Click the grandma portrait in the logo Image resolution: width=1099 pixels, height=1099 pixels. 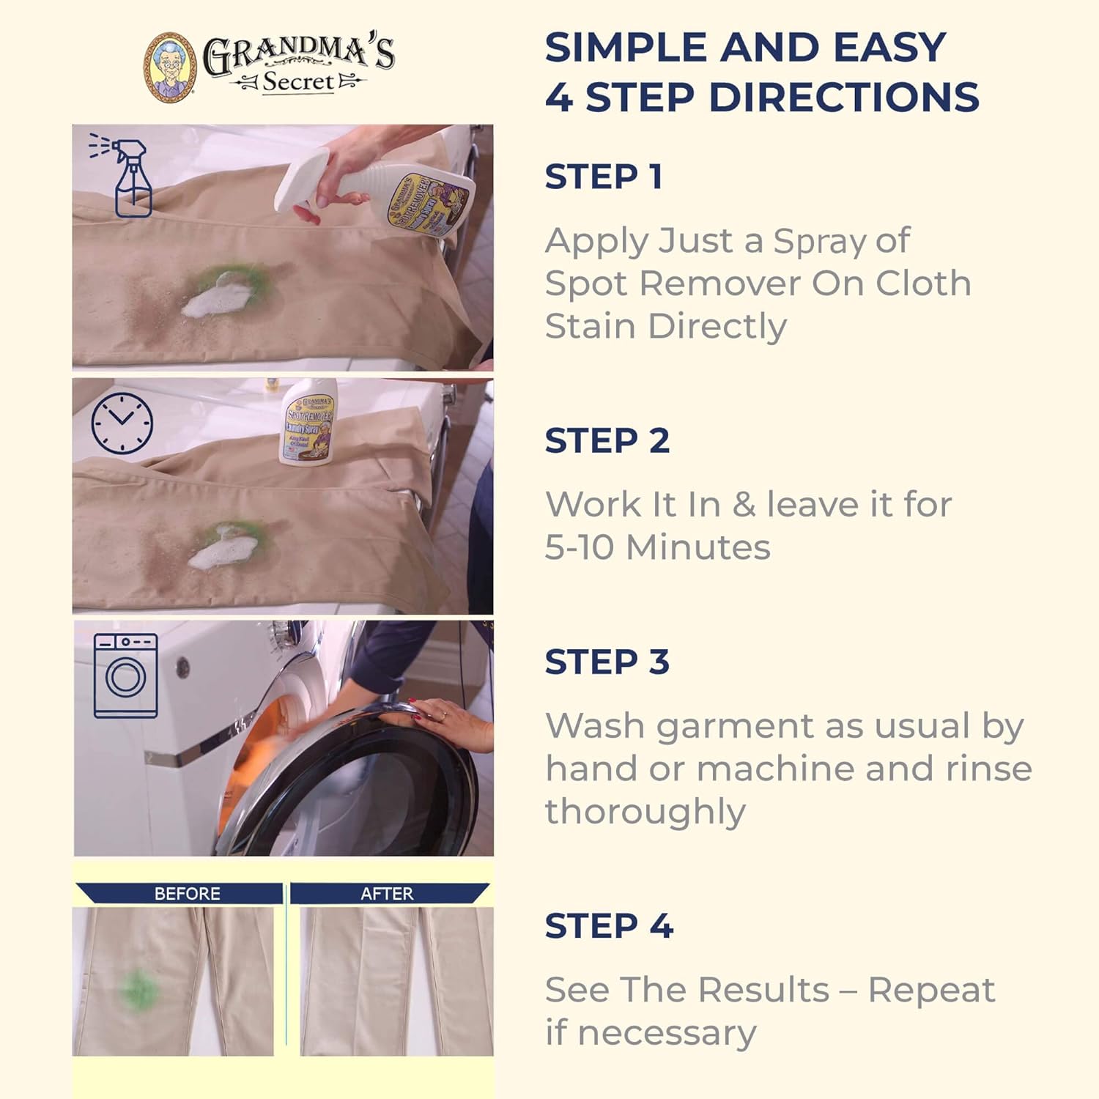point(170,67)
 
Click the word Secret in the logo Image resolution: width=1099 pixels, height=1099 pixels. point(297,82)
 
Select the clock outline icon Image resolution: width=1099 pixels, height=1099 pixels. point(122,423)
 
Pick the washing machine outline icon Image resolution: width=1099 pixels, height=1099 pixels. point(125,676)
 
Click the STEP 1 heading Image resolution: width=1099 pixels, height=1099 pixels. point(604,177)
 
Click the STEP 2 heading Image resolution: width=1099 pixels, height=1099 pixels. point(607,441)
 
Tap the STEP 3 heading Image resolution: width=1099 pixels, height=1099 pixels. point(607,662)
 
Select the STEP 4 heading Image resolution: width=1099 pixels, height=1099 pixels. point(608,926)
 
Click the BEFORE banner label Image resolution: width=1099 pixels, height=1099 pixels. point(187,893)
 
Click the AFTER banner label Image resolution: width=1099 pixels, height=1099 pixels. point(387,893)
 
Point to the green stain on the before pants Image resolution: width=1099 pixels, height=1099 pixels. point(138,989)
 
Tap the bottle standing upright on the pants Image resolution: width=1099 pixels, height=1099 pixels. point(309,423)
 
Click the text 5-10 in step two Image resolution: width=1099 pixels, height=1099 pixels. point(580,547)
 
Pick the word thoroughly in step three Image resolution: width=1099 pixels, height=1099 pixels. point(645,812)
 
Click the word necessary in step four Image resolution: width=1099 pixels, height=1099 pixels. point(667,1033)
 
